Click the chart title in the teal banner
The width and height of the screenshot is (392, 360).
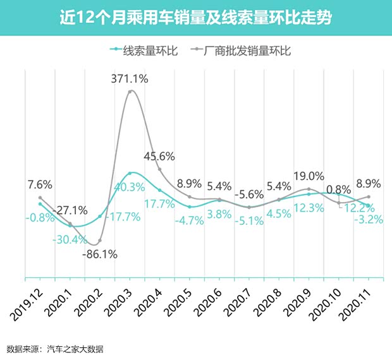pyautogui.click(x=195, y=17)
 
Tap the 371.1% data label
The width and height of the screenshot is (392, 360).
pyautogui.click(x=130, y=79)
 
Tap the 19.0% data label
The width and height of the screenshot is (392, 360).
pyautogui.click(x=309, y=176)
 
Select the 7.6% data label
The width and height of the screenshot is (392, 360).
pyautogui.click(x=39, y=184)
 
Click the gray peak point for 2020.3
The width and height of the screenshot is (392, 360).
pyautogui.click(x=130, y=92)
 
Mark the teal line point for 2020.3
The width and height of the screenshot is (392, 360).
pyautogui.click(x=130, y=173)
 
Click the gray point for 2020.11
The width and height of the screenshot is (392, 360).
pyautogui.click(x=369, y=197)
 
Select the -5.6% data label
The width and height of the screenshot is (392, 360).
pyautogui.click(x=250, y=196)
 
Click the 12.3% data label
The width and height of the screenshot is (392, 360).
pyautogui.click(x=309, y=208)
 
